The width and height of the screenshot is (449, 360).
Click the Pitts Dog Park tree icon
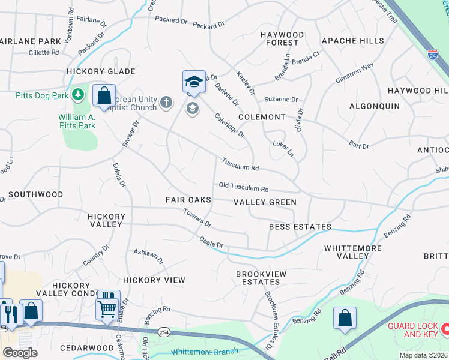tap(77, 95)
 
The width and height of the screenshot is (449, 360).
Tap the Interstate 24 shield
tap(432, 55)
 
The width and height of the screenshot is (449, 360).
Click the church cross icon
tap(167, 103)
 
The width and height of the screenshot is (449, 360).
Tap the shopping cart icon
tap(107, 309)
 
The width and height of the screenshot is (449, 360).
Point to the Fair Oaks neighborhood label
tap(188, 199)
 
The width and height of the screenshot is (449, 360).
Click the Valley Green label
tap(265, 202)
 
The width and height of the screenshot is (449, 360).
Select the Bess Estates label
tap(300, 227)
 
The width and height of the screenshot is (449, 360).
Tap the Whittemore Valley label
tap(346, 252)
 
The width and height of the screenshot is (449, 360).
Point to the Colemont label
tap(261, 117)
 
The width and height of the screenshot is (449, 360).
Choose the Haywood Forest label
tap(282, 39)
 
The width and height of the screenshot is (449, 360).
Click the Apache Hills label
tap(352, 41)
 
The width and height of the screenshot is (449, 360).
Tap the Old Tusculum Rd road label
tap(243, 188)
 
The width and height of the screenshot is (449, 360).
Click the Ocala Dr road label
tap(211, 242)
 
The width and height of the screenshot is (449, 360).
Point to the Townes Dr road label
tap(197, 218)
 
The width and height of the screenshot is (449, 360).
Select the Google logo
tap(20, 353)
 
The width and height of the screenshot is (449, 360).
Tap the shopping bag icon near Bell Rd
tap(345, 318)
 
